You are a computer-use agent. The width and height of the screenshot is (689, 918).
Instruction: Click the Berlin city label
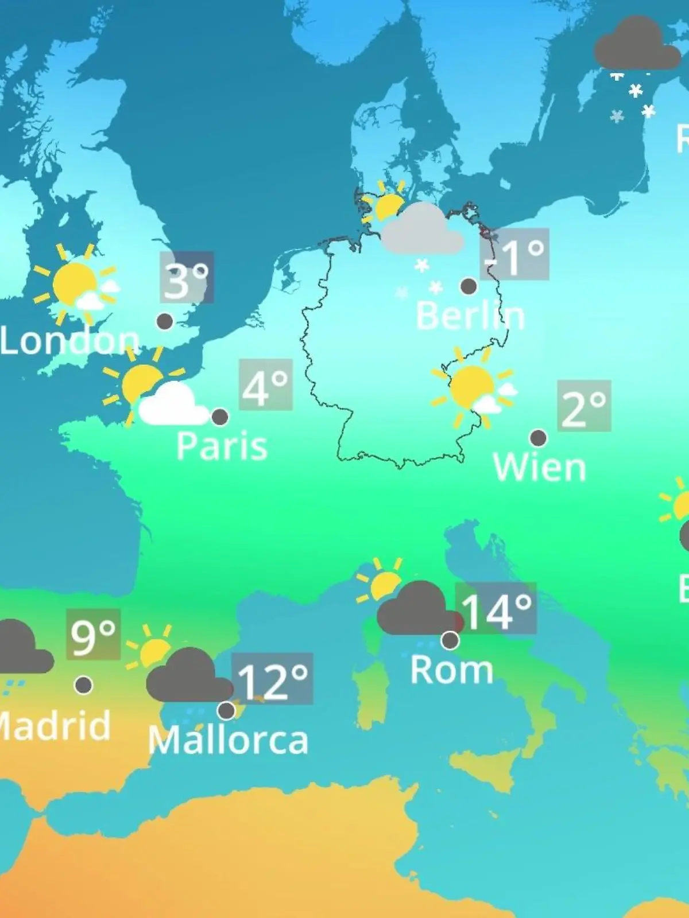[x=470, y=316]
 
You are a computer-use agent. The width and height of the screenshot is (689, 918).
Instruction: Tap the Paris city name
[x=222, y=446]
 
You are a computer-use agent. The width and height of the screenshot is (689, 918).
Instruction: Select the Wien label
[x=539, y=467]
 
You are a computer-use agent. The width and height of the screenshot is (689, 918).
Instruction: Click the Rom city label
[x=451, y=670]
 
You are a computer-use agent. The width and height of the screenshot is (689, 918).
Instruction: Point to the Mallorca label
[x=228, y=740]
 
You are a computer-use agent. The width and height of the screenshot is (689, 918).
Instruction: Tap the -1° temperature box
[x=514, y=254]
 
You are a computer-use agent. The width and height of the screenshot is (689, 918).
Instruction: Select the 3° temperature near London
[x=187, y=278]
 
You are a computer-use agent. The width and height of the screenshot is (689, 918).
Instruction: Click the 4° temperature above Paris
[x=265, y=385]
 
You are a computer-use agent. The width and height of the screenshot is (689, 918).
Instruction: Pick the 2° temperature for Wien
[x=583, y=406]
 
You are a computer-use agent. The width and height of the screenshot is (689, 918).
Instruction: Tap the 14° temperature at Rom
[x=496, y=609]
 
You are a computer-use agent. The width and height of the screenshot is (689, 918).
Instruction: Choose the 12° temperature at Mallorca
[x=273, y=679]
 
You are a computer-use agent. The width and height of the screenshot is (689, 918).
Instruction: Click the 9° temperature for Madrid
[x=93, y=635]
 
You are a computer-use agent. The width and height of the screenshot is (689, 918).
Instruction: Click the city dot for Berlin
[x=469, y=286]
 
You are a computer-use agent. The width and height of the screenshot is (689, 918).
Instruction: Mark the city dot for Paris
[x=219, y=417]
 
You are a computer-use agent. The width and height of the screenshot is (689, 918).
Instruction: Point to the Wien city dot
[x=538, y=438]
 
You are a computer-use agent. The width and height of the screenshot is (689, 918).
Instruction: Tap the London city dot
[x=165, y=321]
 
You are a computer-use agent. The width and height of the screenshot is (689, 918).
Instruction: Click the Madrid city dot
[x=84, y=684]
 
